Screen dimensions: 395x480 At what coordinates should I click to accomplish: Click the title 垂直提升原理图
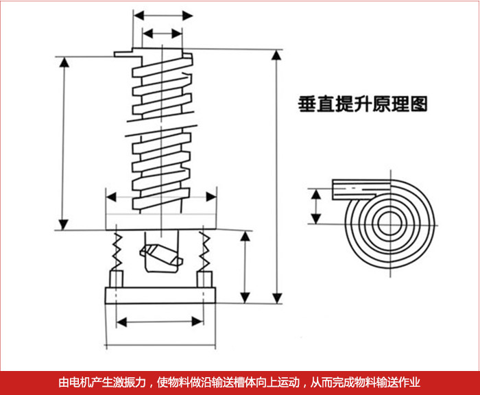click(363, 104)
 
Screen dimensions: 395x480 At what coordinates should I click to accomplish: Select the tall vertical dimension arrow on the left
click(64, 144)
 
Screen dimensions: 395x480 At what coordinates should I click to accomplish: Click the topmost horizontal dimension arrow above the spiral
click(163, 14)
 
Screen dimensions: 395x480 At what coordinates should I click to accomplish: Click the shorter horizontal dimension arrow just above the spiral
click(163, 33)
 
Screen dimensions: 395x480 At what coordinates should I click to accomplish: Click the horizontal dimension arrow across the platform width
click(163, 197)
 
